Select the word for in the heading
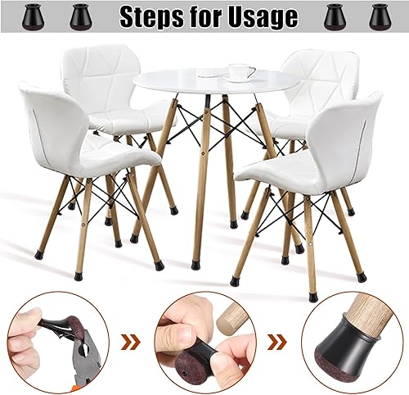coord(204,16)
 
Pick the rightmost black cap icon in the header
coord(379,16)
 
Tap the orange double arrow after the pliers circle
coord(131,342)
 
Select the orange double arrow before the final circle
coord(278,342)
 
